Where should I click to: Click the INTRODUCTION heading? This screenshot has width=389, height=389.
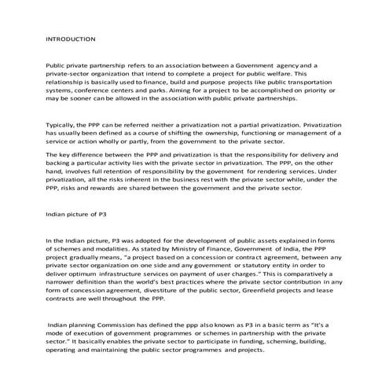click(71, 38)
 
